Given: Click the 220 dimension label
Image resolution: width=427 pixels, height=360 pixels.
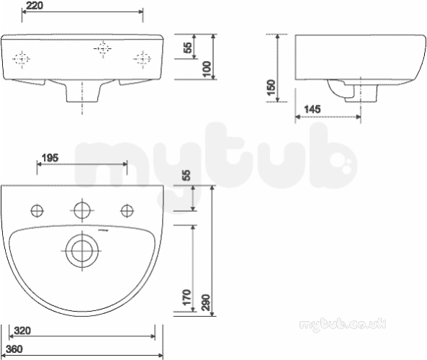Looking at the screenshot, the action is point(35,6).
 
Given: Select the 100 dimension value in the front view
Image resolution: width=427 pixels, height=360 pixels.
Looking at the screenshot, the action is point(207,69).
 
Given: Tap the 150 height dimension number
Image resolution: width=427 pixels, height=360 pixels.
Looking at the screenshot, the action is point(271,87).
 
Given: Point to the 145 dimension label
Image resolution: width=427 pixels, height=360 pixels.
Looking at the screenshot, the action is point(312,109).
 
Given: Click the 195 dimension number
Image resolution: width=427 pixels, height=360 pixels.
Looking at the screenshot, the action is point(50,158).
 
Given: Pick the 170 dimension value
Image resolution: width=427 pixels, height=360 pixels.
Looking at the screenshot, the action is point(186,297).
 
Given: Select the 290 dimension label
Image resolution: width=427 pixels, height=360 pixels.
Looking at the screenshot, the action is point(207,302).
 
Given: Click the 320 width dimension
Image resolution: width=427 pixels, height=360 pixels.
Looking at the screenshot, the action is point(22,331).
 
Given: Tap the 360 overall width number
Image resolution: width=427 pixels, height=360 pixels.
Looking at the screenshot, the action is point(14,348).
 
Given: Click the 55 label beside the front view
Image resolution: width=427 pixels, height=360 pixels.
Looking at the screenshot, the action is point(188,48).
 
